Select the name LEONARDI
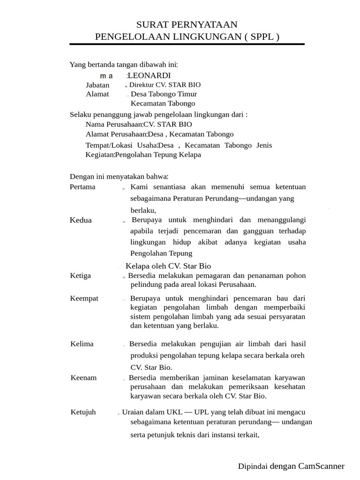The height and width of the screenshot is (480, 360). [150, 75]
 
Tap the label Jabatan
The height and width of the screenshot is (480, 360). [97, 85]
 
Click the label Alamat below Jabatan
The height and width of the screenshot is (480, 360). [97, 94]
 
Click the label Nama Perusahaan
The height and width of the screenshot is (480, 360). [114, 124]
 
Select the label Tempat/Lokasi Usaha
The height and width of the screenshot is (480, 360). [121, 145]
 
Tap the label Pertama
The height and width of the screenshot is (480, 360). [82, 187]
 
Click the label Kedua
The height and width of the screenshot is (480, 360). [81, 220]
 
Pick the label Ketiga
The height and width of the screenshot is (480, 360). [81, 276]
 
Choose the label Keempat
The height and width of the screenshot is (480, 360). [84, 298]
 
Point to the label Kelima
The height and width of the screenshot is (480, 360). [82, 344]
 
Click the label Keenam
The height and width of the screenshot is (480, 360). [83, 377]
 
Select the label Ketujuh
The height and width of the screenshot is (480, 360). [83, 412]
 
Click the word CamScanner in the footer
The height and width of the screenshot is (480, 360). [321, 466]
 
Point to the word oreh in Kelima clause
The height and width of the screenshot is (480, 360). [297, 355]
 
